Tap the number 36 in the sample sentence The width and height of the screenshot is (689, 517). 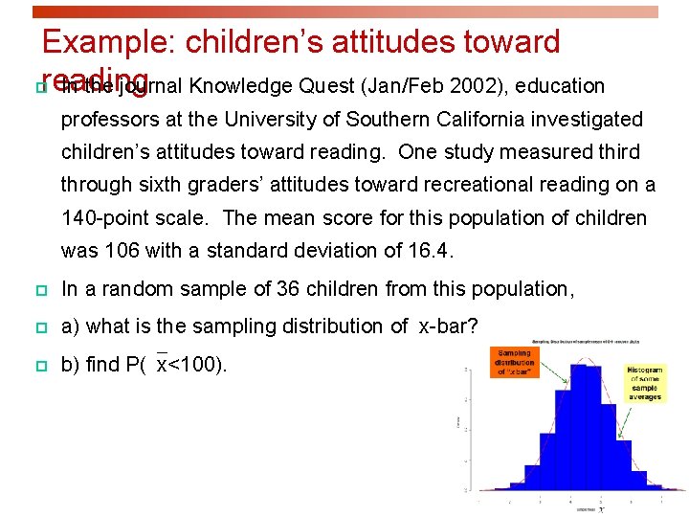pyautogui.click(x=290, y=289)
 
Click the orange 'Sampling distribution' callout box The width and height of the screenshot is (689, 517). pyautogui.click(x=515, y=362)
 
